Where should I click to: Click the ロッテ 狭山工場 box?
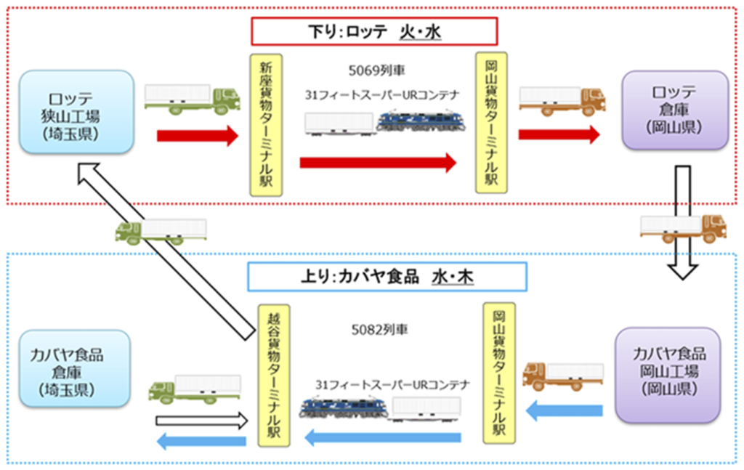point(76,111)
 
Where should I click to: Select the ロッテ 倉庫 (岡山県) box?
point(674,110)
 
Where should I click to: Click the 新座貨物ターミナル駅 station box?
point(265,123)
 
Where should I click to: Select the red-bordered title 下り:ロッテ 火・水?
point(373,32)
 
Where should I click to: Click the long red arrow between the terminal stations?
point(378,163)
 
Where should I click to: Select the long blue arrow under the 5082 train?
point(382,437)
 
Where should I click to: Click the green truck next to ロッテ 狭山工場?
point(192,99)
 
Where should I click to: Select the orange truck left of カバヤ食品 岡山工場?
point(562,373)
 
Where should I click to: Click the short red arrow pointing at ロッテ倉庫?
point(559,134)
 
